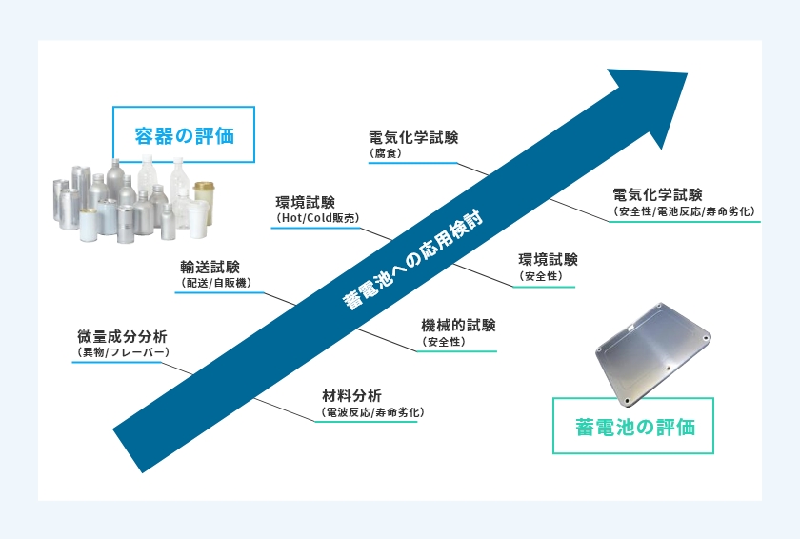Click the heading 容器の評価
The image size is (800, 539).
click(x=184, y=136)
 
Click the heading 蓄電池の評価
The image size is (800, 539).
click(x=634, y=427)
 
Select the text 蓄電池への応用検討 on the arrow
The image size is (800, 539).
click(x=412, y=260)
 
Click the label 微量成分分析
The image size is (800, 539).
click(x=122, y=336)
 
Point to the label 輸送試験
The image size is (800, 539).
click(x=210, y=268)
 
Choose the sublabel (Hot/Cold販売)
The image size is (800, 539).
click(x=318, y=218)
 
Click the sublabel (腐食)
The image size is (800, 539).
click(x=385, y=153)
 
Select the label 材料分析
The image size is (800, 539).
click(x=351, y=396)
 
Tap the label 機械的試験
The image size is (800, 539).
click(x=458, y=326)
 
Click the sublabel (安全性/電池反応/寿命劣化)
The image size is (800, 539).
click(x=684, y=211)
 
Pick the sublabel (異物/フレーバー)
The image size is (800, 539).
click(x=123, y=351)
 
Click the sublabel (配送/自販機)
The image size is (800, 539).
click(x=216, y=283)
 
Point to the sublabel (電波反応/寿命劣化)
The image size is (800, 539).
click(x=372, y=412)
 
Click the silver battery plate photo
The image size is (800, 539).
click(x=653, y=354)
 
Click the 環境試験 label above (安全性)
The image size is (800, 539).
click(x=548, y=260)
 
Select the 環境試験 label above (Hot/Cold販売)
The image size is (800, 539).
click(x=305, y=203)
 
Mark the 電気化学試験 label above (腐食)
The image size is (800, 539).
click(x=413, y=138)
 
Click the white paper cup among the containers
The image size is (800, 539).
click(x=198, y=219)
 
